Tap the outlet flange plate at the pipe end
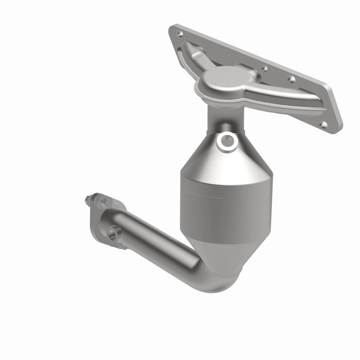click(x=101, y=220)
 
